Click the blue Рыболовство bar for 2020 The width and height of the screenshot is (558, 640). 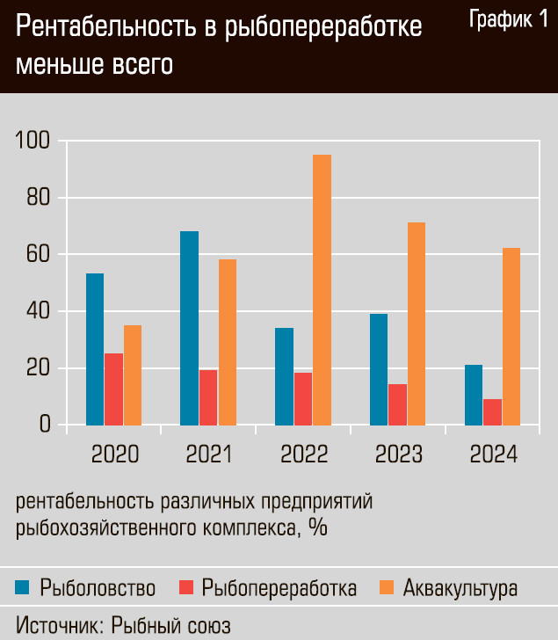(x=95, y=349)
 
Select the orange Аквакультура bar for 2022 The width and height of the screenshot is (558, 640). (x=322, y=290)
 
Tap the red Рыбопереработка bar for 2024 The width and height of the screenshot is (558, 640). (x=492, y=412)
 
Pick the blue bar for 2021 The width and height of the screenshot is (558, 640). (x=189, y=328)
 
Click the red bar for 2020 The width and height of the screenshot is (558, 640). (x=114, y=389)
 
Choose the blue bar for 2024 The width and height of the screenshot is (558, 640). (x=473, y=395)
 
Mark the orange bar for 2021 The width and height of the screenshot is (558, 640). (x=228, y=342)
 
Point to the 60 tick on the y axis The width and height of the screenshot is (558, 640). (x=39, y=255)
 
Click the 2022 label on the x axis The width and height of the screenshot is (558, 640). (x=303, y=454)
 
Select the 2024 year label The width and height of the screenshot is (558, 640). (x=493, y=454)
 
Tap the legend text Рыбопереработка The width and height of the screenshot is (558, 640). (x=279, y=587)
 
